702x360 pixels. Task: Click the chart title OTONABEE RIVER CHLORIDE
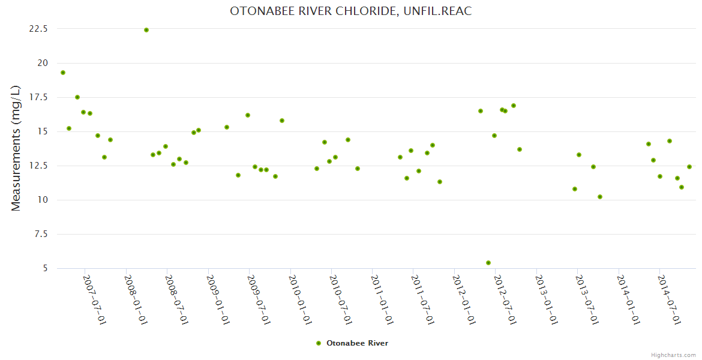pos(351,11)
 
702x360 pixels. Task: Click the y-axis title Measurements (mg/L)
pos(16,148)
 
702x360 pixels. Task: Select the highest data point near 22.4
pos(146,30)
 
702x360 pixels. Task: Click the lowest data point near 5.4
pos(488,263)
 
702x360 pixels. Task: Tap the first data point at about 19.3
pos(63,73)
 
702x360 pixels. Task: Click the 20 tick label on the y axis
pos(43,63)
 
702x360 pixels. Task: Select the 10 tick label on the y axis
pos(43,200)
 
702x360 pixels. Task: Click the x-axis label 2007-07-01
pos(94,299)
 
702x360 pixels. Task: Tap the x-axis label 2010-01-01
pos(299,299)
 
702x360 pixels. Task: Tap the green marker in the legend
pos(319,343)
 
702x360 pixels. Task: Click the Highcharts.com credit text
pos(673,355)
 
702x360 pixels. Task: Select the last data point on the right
pos(689,167)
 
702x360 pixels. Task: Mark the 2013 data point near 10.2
pos(600,197)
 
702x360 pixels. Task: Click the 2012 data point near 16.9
pos(514,106)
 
